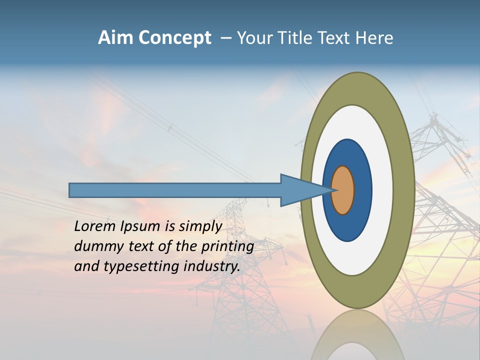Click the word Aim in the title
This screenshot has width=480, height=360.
point(115,38)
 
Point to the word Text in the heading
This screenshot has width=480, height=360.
point(335,38)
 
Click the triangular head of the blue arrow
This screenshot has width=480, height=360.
point(300,190)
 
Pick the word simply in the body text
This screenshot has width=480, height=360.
point(200,227)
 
